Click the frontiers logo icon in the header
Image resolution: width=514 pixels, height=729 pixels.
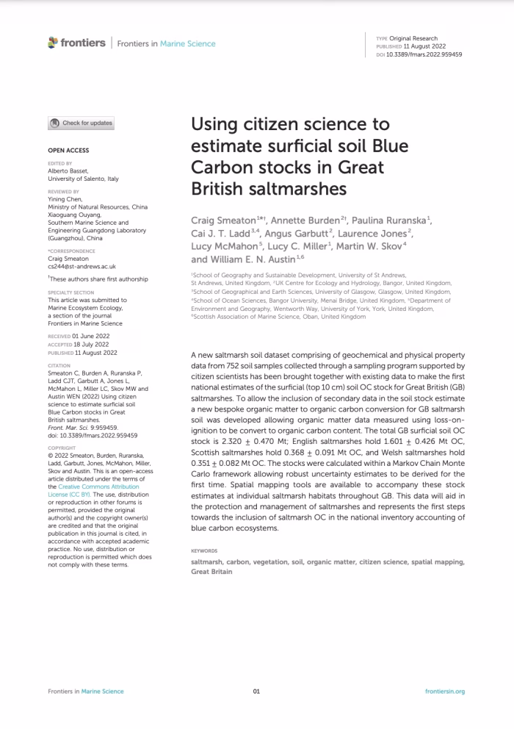pyautogui.click(x=53, y=43)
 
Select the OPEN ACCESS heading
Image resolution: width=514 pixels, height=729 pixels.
pyautogui.click(x=68, y=150)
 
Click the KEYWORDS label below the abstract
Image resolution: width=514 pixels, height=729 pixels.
pyautogui.click(x=204, y=550)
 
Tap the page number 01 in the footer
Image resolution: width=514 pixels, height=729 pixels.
pyautogui.click(x=256, y=692)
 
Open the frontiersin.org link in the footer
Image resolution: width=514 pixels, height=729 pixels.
pyautogui.click(x=444, y=692)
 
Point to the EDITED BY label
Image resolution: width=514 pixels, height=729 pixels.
pyautogui.click(x=60, y=163)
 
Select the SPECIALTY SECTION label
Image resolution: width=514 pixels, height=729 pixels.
pyautogui.click(x=68, y=292)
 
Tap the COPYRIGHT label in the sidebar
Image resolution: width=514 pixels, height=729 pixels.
pyautogui.click(x=61, y=427)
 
